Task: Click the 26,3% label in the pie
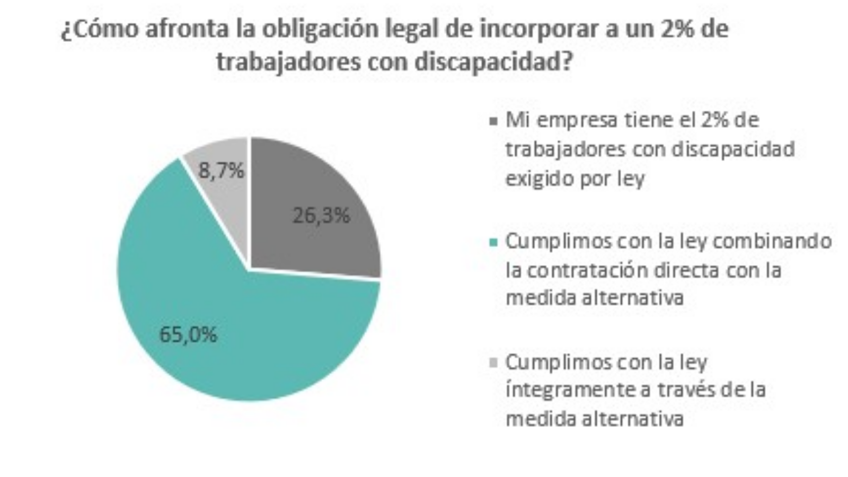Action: [321, 216]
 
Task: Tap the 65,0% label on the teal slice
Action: [188, 335]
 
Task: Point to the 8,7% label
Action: [221, 171]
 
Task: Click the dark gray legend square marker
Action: [494, 121]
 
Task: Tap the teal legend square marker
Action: [494, 242]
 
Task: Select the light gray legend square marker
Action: [494, 363]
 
